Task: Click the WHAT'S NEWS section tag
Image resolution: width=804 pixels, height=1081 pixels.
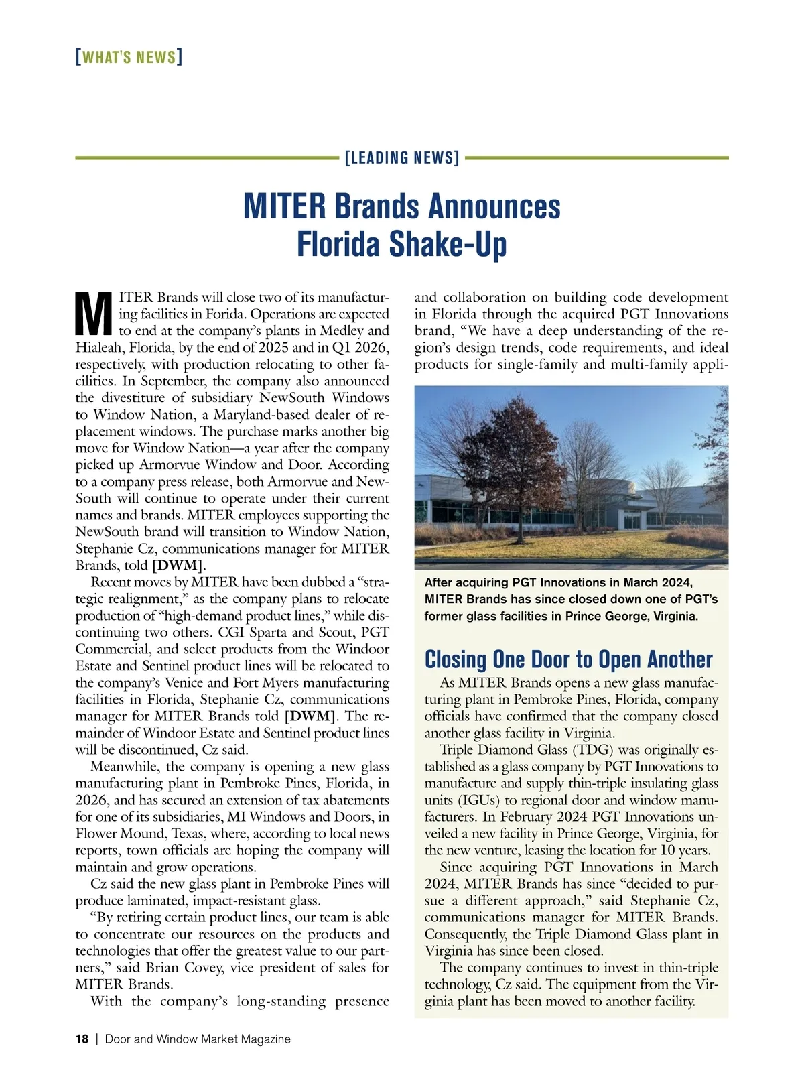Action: (129, 57)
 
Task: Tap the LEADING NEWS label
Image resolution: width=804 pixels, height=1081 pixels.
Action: (402, 158)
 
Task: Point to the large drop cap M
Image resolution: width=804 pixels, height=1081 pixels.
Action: (93, 314)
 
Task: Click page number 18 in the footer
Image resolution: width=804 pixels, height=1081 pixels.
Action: (82, 1039)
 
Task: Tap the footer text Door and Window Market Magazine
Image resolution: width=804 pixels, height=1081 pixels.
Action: (198, 1039)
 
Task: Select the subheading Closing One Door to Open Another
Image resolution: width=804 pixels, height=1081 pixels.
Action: (568, 659)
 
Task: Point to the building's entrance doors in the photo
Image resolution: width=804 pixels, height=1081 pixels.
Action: (632, 520)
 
